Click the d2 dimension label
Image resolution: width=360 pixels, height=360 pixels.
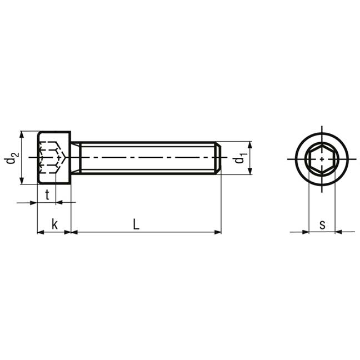click(x=12, y=158)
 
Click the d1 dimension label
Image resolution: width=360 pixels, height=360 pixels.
click(x=240, y=158)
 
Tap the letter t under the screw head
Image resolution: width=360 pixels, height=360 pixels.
click(x=47, y=194)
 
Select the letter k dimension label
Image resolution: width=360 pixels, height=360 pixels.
click(x=54, y=224)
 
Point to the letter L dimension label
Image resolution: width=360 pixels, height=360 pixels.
click(x=136, y=224)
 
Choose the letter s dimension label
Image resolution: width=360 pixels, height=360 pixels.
click(x=322, y=225)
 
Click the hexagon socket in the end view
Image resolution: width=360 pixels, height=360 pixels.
click(x=322, y=159)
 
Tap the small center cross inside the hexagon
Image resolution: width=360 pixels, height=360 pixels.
click(x=322, y=159)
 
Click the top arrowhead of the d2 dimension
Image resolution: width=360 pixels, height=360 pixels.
click(x=22, y=135)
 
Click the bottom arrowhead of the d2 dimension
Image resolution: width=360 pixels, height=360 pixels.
click(x=22, y=180)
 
